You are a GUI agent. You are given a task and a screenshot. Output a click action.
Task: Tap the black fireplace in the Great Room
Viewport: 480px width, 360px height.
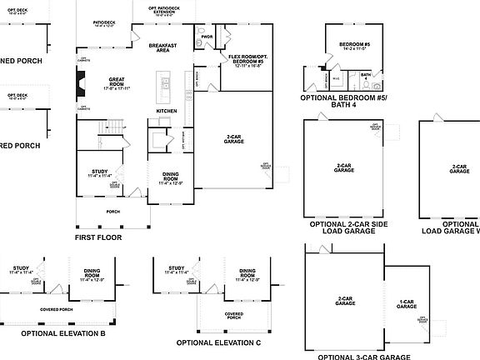tap(81, 84)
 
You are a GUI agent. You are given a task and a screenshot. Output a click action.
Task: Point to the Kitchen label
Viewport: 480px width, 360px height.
tap(167, 111)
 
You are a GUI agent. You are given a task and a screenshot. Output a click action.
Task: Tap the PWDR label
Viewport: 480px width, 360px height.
tap(207, 37)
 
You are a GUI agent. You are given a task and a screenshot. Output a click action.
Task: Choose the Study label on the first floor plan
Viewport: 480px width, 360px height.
tap(100, 174)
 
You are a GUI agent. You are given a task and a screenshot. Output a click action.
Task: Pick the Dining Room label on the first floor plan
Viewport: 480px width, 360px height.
tap(170, 177)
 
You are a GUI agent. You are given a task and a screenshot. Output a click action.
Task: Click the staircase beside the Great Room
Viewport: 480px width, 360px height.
tap(112, 127)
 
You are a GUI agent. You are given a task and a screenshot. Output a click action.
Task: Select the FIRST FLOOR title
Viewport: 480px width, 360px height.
tap(97, 237)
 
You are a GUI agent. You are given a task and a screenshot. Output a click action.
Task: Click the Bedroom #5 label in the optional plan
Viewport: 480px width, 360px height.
tap(356, 45)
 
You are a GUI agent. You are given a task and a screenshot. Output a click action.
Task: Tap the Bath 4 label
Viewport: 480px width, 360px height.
tap(366, 77)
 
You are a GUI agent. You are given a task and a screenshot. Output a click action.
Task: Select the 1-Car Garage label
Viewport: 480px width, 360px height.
tap(406, 305)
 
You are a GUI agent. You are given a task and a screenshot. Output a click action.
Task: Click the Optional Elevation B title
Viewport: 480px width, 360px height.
tap(63, 333)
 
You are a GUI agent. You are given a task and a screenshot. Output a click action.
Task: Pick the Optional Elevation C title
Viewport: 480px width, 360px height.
tap(219, 342)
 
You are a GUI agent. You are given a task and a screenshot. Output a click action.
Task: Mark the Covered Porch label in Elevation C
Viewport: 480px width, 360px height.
tap(234, 316)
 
